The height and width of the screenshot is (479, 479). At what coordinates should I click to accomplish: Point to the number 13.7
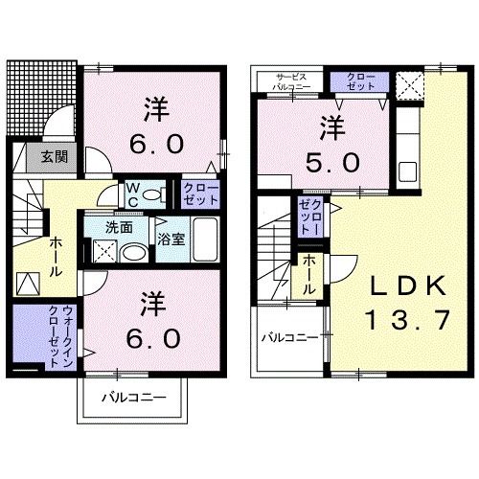pos(407,320)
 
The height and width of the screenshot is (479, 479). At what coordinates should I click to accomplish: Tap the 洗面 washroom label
pos(120,228)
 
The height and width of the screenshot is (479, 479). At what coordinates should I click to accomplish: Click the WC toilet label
pos(134,194)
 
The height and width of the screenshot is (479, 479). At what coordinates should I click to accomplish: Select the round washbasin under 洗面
pos(135,253)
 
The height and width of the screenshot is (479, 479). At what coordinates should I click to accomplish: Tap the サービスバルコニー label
pos(292,81)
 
